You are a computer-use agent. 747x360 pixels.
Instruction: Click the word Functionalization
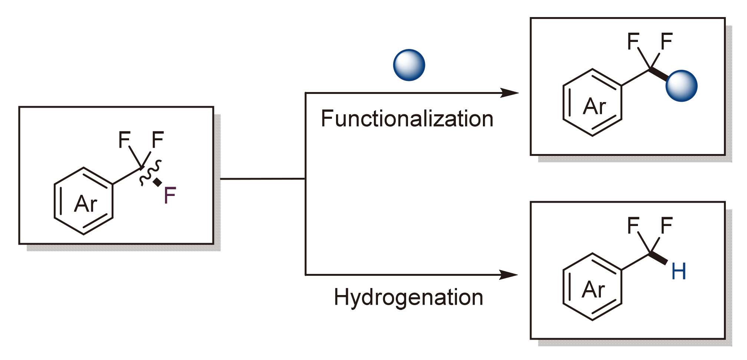tap(407, 119)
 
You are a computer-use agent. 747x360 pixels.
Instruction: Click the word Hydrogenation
tap(408, 298)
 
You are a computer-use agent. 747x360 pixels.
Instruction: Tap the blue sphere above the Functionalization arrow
tap(409, 65)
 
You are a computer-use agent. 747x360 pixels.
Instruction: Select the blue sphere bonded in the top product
tap(681, 86)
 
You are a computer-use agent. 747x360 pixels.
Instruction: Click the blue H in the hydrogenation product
tap(679, 272)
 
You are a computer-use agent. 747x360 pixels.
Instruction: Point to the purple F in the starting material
tap(170, 196)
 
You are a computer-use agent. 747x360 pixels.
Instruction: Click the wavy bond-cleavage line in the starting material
tap(150, 173)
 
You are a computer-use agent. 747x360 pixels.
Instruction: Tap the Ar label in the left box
tap(86, 204)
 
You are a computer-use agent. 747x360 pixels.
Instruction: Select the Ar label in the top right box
tap(594, 107)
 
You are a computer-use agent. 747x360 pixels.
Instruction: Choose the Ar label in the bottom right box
tap(593, 289)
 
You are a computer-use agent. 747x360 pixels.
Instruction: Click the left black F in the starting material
tap(124, 140)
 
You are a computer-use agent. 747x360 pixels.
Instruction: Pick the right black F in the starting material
tap(158, 140)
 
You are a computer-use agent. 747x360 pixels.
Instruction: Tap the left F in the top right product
tap(633, 41)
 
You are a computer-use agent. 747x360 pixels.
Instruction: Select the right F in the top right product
tap(667, 41)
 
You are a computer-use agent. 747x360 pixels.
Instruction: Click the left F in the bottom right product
tap(633, 226)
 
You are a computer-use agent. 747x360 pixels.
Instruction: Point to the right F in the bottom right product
tap(667, 226)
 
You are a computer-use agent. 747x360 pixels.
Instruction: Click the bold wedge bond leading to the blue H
tap(659, 258)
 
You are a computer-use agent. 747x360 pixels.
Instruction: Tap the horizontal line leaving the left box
tap(263, 179)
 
